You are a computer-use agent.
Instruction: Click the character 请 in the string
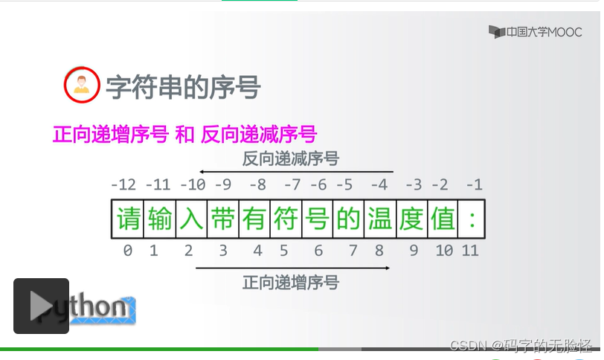[128, 219]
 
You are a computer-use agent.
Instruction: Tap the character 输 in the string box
[160, 219]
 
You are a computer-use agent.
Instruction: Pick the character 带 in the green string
[222, 219]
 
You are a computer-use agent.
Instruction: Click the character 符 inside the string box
[286, 219]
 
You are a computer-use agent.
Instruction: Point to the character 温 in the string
[379, 219]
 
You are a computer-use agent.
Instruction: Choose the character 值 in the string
[443, 219]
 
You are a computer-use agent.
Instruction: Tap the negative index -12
[123, 184]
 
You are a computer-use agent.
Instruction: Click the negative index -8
[257, 184]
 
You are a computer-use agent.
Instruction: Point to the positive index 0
[128, 251]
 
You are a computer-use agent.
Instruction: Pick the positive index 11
[470, 251]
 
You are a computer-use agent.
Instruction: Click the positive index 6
[318, 251]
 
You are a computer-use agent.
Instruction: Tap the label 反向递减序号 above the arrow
[291, 158]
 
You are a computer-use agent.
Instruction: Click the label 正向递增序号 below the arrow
[291, 283]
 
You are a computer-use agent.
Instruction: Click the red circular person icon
[80, 86]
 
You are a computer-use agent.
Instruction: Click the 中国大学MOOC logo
[536, 32]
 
